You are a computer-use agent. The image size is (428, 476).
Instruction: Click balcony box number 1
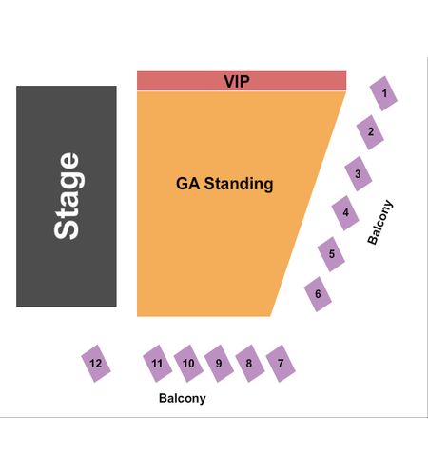(383, 93)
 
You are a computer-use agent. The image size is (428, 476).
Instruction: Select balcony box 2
(370, 132)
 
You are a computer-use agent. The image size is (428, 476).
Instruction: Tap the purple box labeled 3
(358, 173)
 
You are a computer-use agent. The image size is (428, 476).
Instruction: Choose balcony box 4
(345, 212)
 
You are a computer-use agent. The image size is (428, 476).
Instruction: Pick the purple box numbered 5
(331, 254)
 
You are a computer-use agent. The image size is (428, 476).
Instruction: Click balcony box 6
(318, 294)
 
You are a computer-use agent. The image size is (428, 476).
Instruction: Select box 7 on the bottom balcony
(281, 364)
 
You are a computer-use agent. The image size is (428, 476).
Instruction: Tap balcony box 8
(249, 364)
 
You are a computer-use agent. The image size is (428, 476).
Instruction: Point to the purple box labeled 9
(219, 364)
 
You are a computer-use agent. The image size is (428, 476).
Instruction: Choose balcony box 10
(188, 364)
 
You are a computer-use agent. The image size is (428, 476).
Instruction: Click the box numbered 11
(157, 364)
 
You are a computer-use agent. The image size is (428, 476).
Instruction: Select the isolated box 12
(96, 364)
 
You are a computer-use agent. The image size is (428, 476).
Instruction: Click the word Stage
(67, 196)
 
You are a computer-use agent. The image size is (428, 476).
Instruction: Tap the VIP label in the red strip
(237, 82)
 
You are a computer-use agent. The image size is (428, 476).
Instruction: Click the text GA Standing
(224, 184)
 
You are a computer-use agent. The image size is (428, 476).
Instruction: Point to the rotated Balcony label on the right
(380, 222)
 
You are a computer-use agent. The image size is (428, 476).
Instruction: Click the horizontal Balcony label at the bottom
(183, 398)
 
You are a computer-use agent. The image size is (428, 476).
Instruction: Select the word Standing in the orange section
(239, 184)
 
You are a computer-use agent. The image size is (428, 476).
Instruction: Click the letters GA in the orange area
(187, 184)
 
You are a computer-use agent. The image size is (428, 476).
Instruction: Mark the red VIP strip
(242, 81)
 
